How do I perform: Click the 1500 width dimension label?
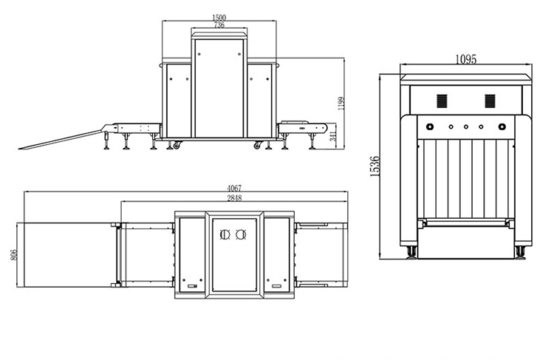219,18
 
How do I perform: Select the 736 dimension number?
219,25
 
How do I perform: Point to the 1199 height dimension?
341,105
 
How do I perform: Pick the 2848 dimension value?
234,198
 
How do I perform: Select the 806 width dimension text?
14,255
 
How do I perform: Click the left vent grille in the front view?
442,101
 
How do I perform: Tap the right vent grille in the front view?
490,101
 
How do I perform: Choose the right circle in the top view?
240,235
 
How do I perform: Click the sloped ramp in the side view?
59,140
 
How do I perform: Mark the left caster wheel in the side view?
174,145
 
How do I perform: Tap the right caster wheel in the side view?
257,145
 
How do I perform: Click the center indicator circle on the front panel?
466,126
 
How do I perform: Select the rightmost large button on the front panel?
500,126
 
